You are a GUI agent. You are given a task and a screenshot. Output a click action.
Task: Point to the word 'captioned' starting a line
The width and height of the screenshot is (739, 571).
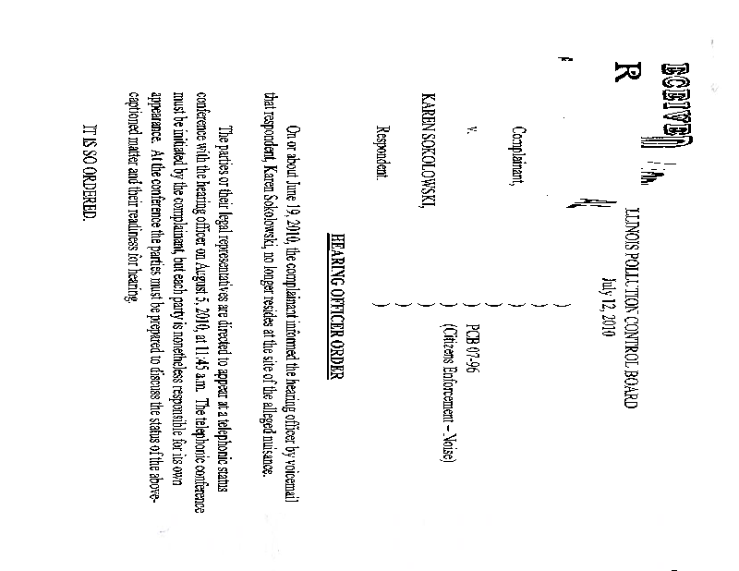click(139, 151)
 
